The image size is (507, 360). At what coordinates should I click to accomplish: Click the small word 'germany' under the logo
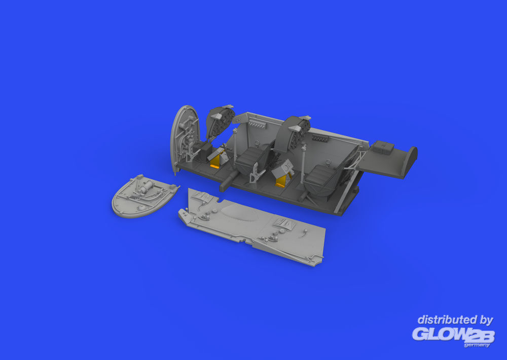click(477, 345)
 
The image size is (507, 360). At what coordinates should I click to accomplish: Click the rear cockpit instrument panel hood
click(292, 133)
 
